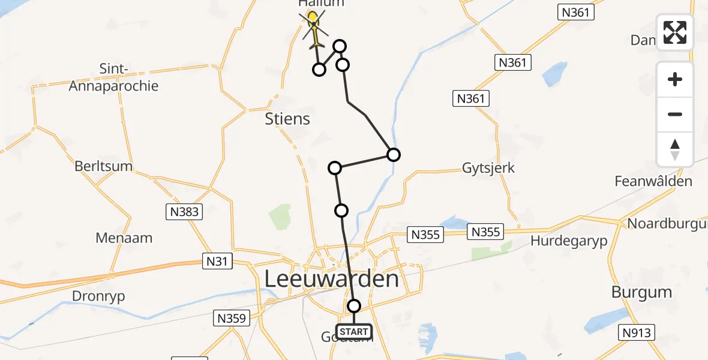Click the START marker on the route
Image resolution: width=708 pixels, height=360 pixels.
point(354,331)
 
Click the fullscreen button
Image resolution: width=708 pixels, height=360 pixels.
point(675,32)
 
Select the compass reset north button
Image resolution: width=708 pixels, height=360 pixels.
point(675,149)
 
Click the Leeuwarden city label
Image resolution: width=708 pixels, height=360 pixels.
point(332,279)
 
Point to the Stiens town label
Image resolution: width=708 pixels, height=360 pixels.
point(288,119)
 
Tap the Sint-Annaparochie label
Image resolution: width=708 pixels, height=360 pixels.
point(114,78)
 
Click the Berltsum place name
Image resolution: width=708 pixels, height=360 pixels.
point(104,166)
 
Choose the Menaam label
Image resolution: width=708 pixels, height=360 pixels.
point(124,238)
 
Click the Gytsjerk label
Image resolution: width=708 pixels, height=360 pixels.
point(488,167)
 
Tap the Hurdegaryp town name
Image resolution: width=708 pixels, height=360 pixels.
point(569,241)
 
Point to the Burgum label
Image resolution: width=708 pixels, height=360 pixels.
point(641,293)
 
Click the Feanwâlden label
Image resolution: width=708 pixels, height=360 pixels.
point(653,181)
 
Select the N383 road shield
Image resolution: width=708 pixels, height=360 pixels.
point(184,211)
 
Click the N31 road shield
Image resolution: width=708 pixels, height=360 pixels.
point(217,262)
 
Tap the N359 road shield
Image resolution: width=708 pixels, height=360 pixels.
point(231,318)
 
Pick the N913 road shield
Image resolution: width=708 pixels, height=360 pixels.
point(638,332)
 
